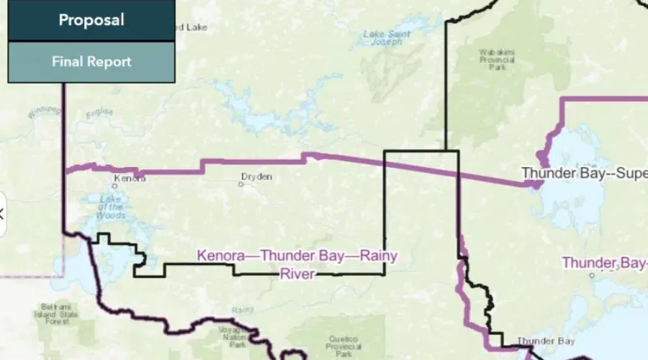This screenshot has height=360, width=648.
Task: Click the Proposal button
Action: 91,20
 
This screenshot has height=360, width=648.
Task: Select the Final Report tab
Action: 91,62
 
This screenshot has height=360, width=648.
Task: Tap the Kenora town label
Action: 130,178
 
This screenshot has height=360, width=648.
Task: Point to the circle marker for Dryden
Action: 242,184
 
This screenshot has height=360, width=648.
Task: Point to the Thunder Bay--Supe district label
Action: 584,174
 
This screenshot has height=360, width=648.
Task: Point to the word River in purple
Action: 297,274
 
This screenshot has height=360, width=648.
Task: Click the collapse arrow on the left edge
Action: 2,213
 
